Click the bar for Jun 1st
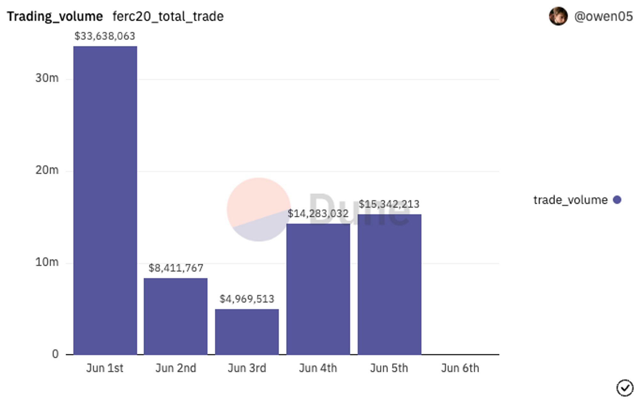click(105, 200)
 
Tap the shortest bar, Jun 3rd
click(247, 332)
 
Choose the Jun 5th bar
click(389, 284)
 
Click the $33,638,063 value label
click(105, 36)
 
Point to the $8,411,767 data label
click(176, 268)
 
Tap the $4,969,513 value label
click(247, 299)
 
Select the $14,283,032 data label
click(318, 214)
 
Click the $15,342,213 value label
click(389, 204)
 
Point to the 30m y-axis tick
click(47, 78)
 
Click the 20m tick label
click(47, 170)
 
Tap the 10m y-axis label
click(47, 262)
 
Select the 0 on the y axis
click(55, 354)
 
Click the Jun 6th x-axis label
click(460, 368)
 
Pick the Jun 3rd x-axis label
click(247, 368)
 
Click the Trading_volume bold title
click(55, 16)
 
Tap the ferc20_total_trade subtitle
click(168, 16)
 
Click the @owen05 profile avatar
click(558, 16)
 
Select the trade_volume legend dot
click(617, 200)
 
